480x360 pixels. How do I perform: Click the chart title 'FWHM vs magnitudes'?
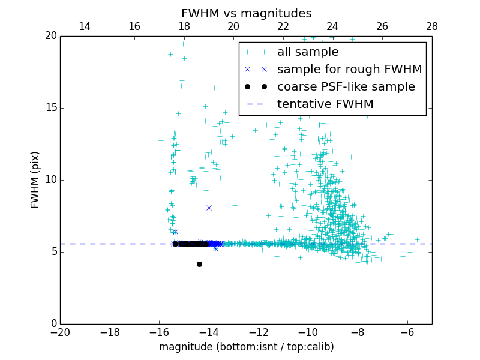[246, 13]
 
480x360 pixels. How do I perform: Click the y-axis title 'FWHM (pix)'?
[35, 179]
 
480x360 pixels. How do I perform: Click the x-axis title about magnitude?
[246, 347]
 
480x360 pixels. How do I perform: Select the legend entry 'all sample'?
[308, 52]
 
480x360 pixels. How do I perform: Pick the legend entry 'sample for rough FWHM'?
[349, 70]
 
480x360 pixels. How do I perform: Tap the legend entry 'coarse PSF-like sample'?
[346, 87]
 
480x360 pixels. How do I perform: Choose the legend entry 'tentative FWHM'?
[325, 104]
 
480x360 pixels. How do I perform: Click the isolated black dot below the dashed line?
[199, 264]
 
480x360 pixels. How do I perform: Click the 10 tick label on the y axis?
[50, 180]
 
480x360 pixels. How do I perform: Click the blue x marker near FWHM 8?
[209, 208]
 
